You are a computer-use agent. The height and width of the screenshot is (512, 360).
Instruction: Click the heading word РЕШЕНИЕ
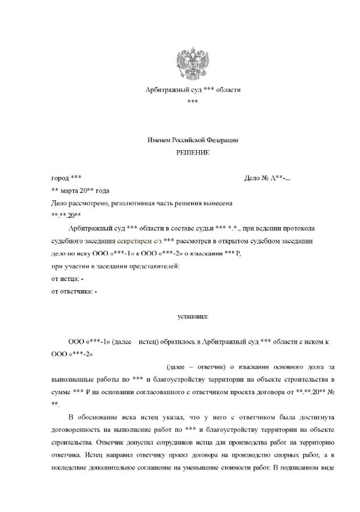(192, 153)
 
